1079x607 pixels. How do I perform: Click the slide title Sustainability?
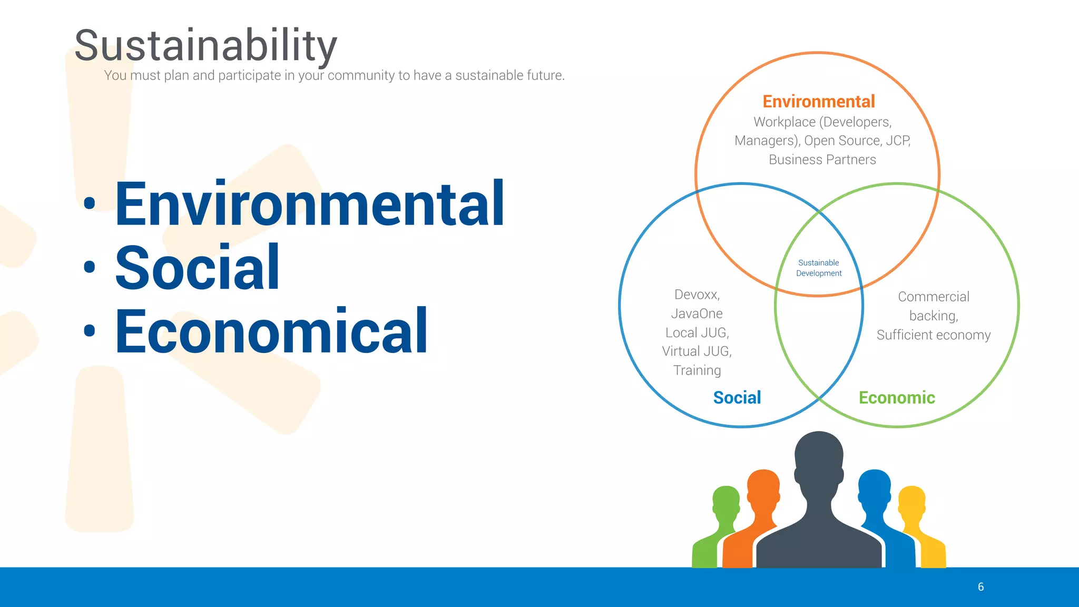tap(205, 46)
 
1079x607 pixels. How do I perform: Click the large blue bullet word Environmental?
tap(310, 204)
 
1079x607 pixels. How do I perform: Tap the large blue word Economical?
tap(271, 332)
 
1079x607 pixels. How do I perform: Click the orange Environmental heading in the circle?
tap(818, 101)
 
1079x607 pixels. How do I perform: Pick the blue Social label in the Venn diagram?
tap(737, 397)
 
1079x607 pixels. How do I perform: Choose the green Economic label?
tap(897, 397)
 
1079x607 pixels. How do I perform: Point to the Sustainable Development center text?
tap(819, 268)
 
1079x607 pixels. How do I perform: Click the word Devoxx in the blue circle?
tap(697, 295)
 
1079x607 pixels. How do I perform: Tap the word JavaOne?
tap(697, 314)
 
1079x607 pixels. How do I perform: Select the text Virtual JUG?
tap(697, 351)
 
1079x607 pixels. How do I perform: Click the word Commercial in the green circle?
tap(933, 297)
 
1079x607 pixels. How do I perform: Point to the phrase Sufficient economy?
tap(933, 335)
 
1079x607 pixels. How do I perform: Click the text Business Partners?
tap(822, 160)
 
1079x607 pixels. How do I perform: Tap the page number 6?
tap(980, 587)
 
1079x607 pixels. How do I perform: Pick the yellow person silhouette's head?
tap(911, 501)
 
